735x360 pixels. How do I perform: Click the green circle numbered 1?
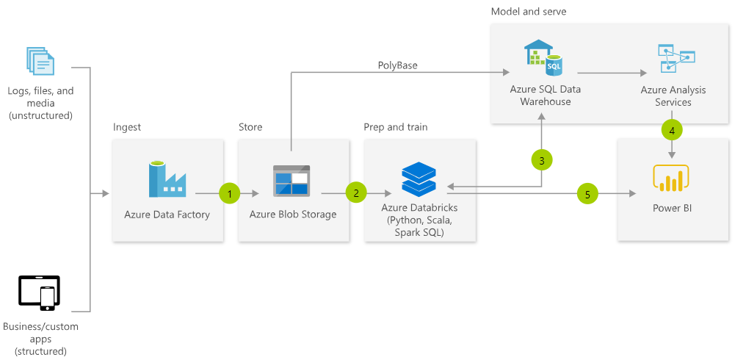point(230,194)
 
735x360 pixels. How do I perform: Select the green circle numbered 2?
point(356,194)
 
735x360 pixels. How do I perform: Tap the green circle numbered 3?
point(541,159)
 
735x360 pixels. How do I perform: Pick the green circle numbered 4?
point(672,131)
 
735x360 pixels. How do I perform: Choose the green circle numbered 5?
point(587,194)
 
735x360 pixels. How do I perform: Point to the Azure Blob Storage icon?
point(291,180)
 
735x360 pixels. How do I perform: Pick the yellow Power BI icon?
point(670,179)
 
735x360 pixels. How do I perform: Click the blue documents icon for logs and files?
point(40,62)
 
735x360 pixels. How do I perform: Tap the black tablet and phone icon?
point(39,292)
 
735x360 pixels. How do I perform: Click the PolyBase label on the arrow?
point(398,65)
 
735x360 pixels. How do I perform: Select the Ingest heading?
point(127,127)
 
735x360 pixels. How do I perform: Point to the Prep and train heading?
point(395,127)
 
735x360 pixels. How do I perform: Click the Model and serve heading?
point(529,12)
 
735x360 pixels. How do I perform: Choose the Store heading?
point(250,127)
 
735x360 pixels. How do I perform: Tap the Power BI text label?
point(672,208)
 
